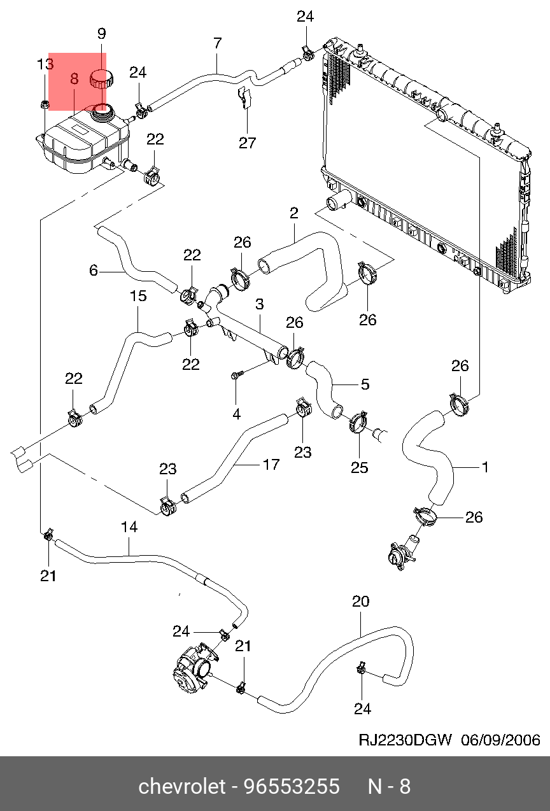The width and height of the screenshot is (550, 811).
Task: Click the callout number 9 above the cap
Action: [x=101, y=34]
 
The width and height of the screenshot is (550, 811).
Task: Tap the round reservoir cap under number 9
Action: [x=101, y=80]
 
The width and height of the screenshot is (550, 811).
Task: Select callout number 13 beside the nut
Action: [x=45, y=64]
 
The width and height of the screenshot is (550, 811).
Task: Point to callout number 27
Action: [x=248, y=143]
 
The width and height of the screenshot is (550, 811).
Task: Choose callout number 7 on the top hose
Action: [x=218, y=44]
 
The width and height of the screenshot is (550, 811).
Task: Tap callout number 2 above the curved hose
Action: [x=293, y=213]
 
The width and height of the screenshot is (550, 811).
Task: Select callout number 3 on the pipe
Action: [x=260, y=305]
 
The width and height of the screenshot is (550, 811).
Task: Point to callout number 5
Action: [x=365, y=384]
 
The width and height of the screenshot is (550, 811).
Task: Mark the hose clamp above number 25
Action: [x=359, y=421]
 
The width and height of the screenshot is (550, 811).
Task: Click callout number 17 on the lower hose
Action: [x=271, y=465]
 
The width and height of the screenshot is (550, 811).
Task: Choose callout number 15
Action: [x=138, y=296]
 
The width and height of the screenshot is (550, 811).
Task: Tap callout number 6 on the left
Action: [x=94, y=271]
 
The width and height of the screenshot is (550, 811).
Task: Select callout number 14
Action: [x=129, y=527]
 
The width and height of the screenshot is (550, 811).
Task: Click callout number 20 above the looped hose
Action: [x=360, y=602]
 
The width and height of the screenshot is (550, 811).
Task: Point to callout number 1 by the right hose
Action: [x=485, y=467]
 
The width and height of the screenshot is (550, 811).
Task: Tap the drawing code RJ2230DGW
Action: [x=405, y=740]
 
